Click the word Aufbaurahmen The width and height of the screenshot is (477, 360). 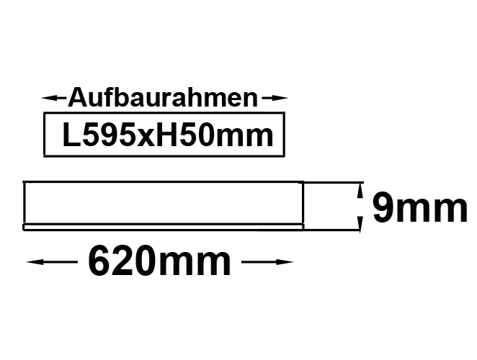pyautogui.click(x=163, y=98)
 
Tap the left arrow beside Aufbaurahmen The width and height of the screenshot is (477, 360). pyautogui.click(x=54, y=98)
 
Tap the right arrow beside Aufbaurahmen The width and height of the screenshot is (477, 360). pyautogui.click(x=275, y=98)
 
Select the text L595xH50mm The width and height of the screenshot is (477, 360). pyautogui.click(x=168, y=135)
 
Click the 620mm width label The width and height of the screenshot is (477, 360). pyautogui.click(x=159, y=261)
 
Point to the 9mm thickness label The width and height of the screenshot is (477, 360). pyautogui.click(x=420, y=207)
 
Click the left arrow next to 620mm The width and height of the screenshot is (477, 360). pyautogui.click(x=52, y=262)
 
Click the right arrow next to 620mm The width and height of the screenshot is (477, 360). pyautogui.click(x=267, y=262)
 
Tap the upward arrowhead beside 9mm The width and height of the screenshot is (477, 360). pyautogui.click(x=360, y=192)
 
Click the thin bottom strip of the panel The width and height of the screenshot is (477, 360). pyautogui.click(x=164, y=227)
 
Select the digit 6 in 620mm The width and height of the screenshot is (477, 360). pyautogui.click(x=99, y=261)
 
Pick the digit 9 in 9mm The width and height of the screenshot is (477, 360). pyautogui.click(x=383, y=207)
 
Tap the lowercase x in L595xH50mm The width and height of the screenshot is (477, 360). pyautogui.click(x=146, y=138)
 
